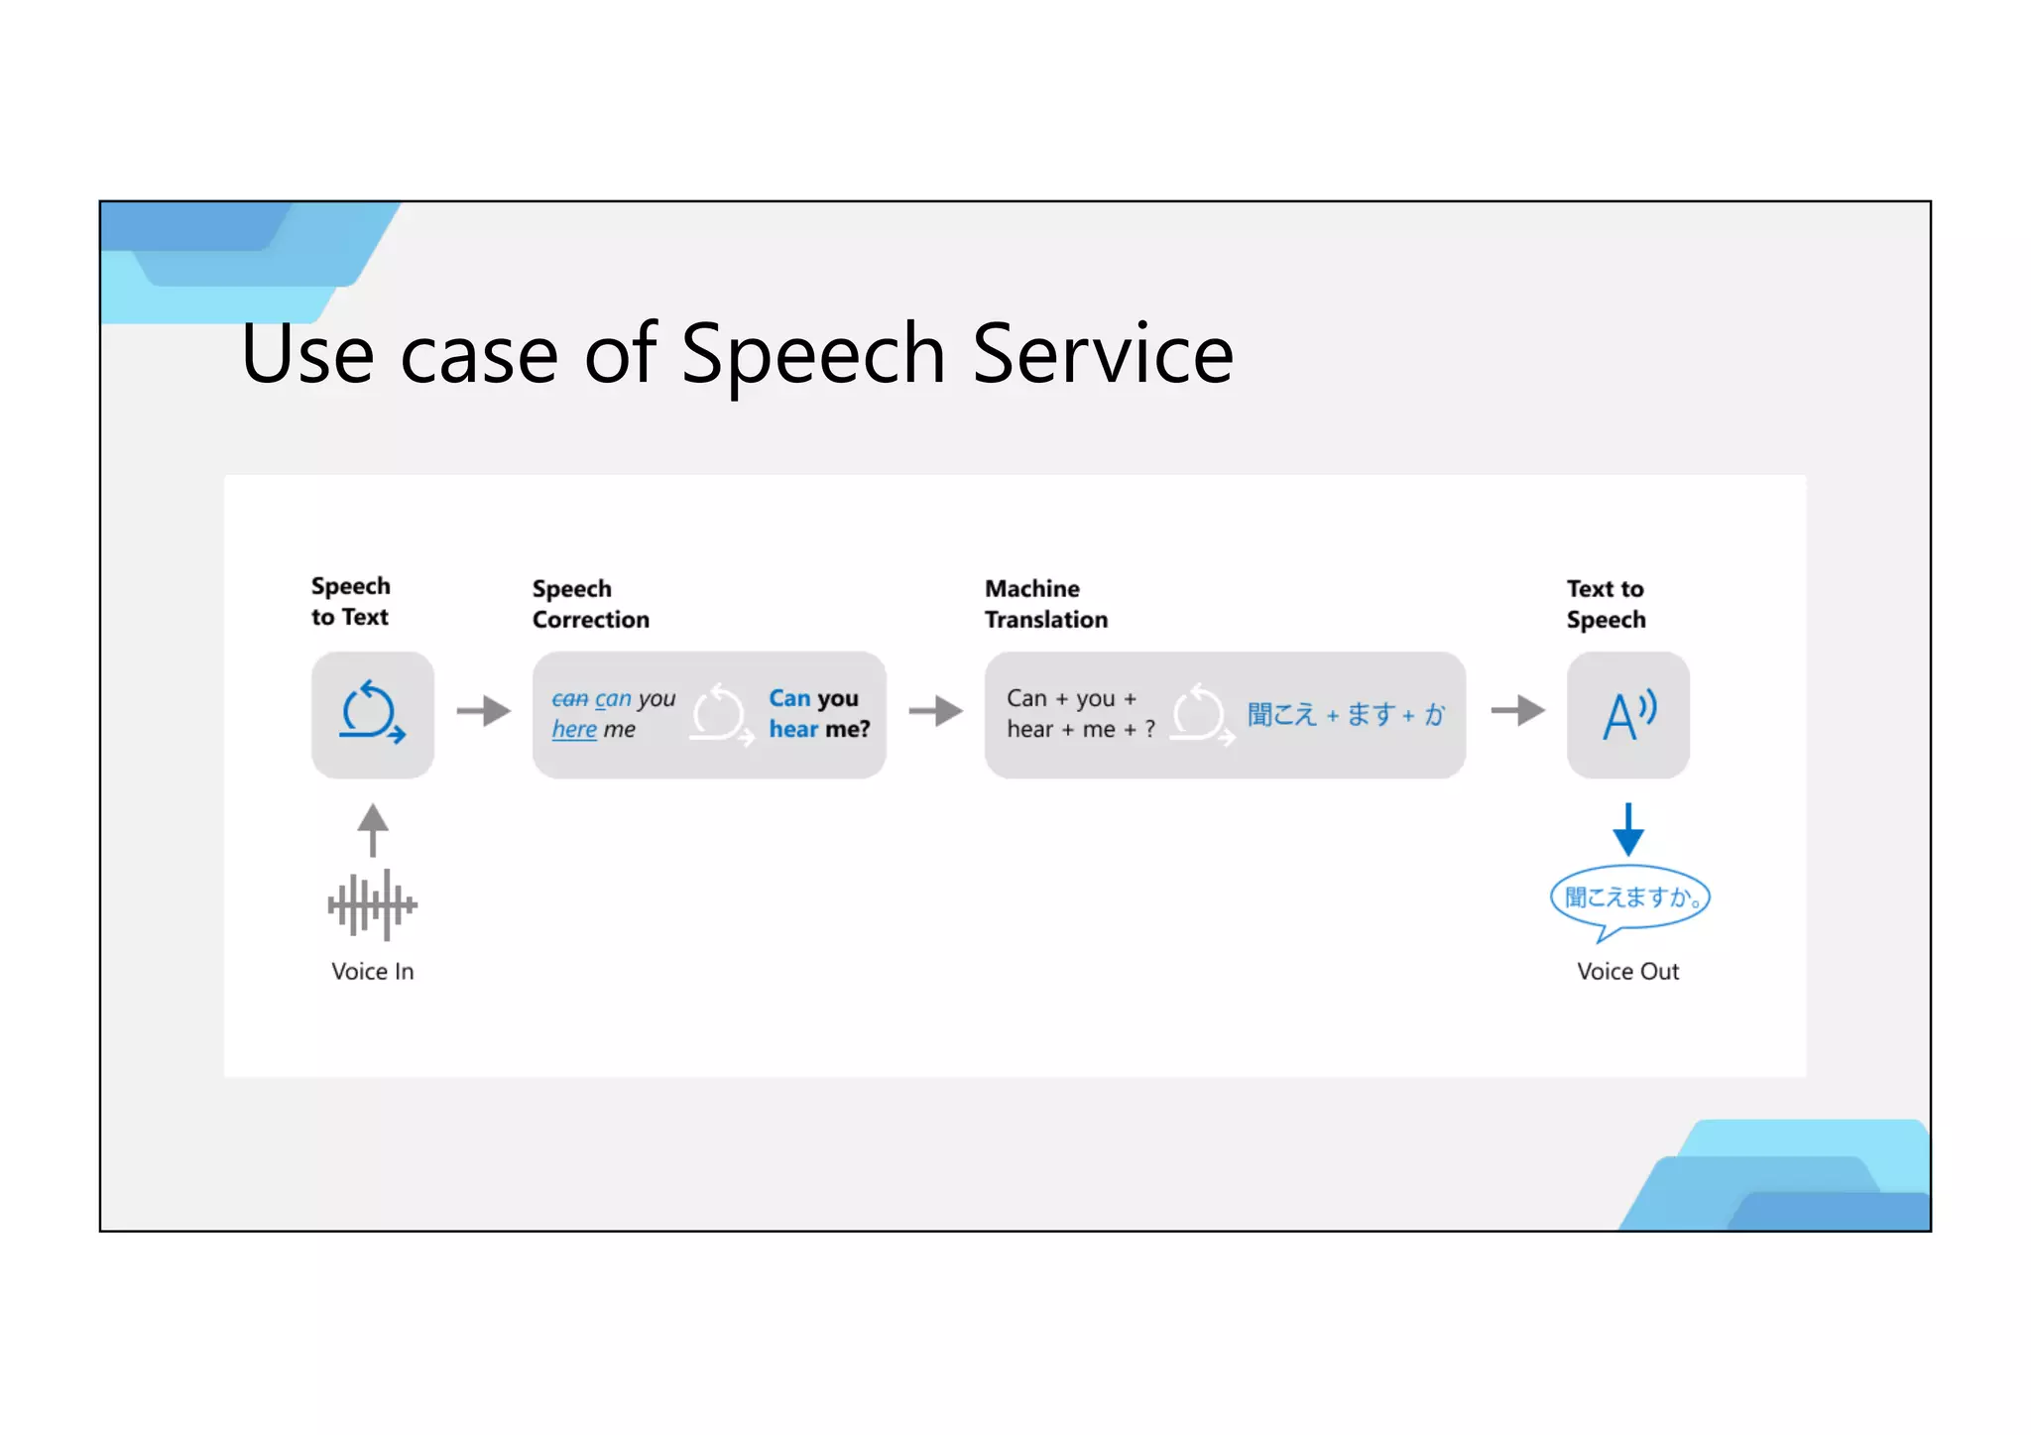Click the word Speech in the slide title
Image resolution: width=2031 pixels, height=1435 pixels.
[812, 354]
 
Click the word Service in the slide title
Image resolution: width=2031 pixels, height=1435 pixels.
[1102, 354]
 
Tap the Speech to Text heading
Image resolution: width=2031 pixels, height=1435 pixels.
[350, 601]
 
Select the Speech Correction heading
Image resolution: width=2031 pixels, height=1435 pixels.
[590, 604]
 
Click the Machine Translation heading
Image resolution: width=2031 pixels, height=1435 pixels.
[1045, 604]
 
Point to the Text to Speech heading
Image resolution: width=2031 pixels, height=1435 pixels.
[1606, 604]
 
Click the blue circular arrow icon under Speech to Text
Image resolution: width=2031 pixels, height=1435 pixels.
[372, 713]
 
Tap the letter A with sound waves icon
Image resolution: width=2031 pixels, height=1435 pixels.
[1627, 715]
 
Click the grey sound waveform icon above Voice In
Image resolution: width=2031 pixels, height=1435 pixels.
[372, 904]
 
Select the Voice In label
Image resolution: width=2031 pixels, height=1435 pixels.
[372, 971]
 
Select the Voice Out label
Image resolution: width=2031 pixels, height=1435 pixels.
[1627, 971]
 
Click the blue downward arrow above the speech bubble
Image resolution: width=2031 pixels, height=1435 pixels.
[1627, 829]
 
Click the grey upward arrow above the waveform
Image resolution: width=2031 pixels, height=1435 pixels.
[372, 829]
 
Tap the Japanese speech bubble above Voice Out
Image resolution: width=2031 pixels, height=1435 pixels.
[1629, 898]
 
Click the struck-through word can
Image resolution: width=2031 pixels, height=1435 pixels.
[569, 699]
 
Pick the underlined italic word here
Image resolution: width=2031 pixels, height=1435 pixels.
[574, 730]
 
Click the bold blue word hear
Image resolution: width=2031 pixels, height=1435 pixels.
[793, 730]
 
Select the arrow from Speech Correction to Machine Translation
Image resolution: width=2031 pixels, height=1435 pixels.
[935, 711]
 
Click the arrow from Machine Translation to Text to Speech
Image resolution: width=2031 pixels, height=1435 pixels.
[1517, 711]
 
